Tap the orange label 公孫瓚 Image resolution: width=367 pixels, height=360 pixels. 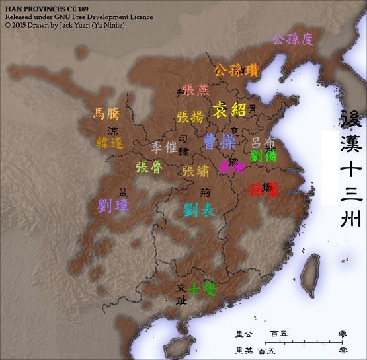click(x=236, y=70)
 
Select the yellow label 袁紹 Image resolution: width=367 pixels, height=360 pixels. click(x=229, y=110)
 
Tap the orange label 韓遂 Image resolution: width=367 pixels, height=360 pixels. click(x=109, y=142)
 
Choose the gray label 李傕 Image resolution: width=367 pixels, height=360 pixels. click(x=163, y=147)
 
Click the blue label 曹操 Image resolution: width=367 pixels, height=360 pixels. click(x=219, y=143)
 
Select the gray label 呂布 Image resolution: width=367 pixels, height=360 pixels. click(x=263, y=142)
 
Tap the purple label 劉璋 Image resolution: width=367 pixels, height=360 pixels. click(x=113, y=205)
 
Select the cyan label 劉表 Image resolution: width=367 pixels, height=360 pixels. click(x=199, y=211)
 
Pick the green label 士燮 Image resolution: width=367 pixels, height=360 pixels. click(x=203, y=289)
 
